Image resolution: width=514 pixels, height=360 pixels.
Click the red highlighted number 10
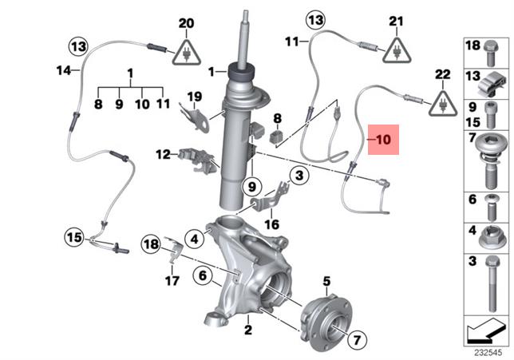coord(384,139)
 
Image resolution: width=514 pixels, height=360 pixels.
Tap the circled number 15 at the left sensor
coord(74,237)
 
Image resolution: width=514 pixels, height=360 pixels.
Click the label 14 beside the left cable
coord(64,71)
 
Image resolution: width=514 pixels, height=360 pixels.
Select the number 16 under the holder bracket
coord(272,225)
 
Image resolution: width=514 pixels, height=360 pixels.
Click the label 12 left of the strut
coord(163,153)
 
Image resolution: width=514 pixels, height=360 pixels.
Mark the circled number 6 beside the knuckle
coord(202,275)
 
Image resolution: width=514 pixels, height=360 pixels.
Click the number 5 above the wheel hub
coord(326,280)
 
